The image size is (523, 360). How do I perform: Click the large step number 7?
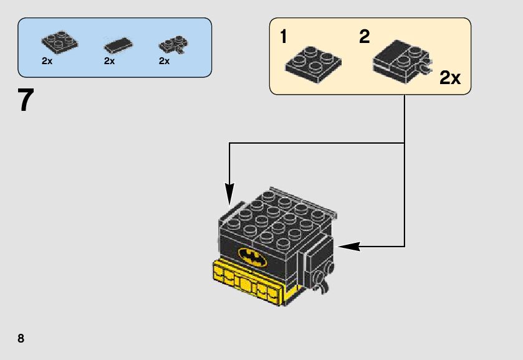[26, 100]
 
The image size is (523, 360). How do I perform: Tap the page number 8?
[21, 338]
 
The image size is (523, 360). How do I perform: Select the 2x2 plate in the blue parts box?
[60, 42]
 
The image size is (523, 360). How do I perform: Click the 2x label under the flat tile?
[110, 61]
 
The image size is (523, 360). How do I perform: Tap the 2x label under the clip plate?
[165, 61]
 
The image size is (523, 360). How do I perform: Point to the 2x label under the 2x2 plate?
[47, 61]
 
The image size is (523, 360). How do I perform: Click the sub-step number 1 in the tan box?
[284, 37]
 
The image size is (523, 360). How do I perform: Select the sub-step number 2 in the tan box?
[364, 37]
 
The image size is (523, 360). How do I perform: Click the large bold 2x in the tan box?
[449, 78]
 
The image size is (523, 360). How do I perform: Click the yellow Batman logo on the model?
[252, 256]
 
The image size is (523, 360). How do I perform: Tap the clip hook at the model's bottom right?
[322, 285]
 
